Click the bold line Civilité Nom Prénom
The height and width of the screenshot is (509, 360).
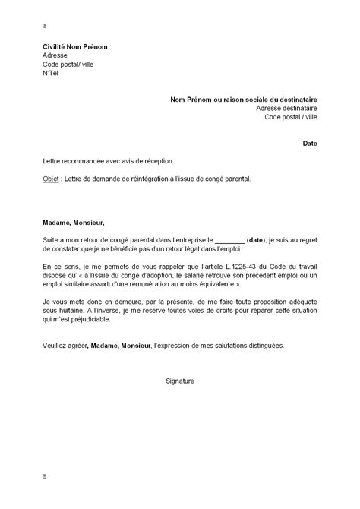pos(75,46)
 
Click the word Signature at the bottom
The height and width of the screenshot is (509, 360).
pos(180,379)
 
